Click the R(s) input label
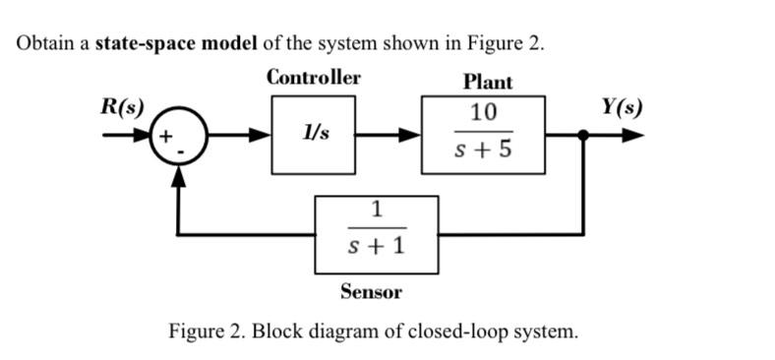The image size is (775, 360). pos(122,105)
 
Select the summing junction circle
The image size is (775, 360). pos(178,135)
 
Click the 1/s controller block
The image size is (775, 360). pos(314,136)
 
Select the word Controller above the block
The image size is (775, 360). pos(314,78)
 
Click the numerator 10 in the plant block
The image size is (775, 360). pos(483,111)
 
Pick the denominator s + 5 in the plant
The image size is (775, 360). pos(483,151)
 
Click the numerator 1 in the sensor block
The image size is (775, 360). pos(376,208)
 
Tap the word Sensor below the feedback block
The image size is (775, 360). pos(371,291)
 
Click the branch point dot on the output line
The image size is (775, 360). pos(584,136)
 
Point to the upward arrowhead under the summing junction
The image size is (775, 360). pos(178,173)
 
